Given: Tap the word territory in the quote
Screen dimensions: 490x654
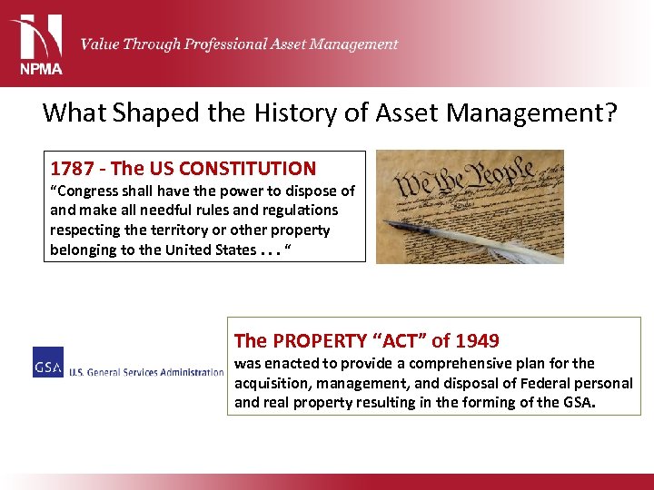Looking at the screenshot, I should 221,230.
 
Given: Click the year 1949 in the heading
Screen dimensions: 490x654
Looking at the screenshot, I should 478,341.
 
